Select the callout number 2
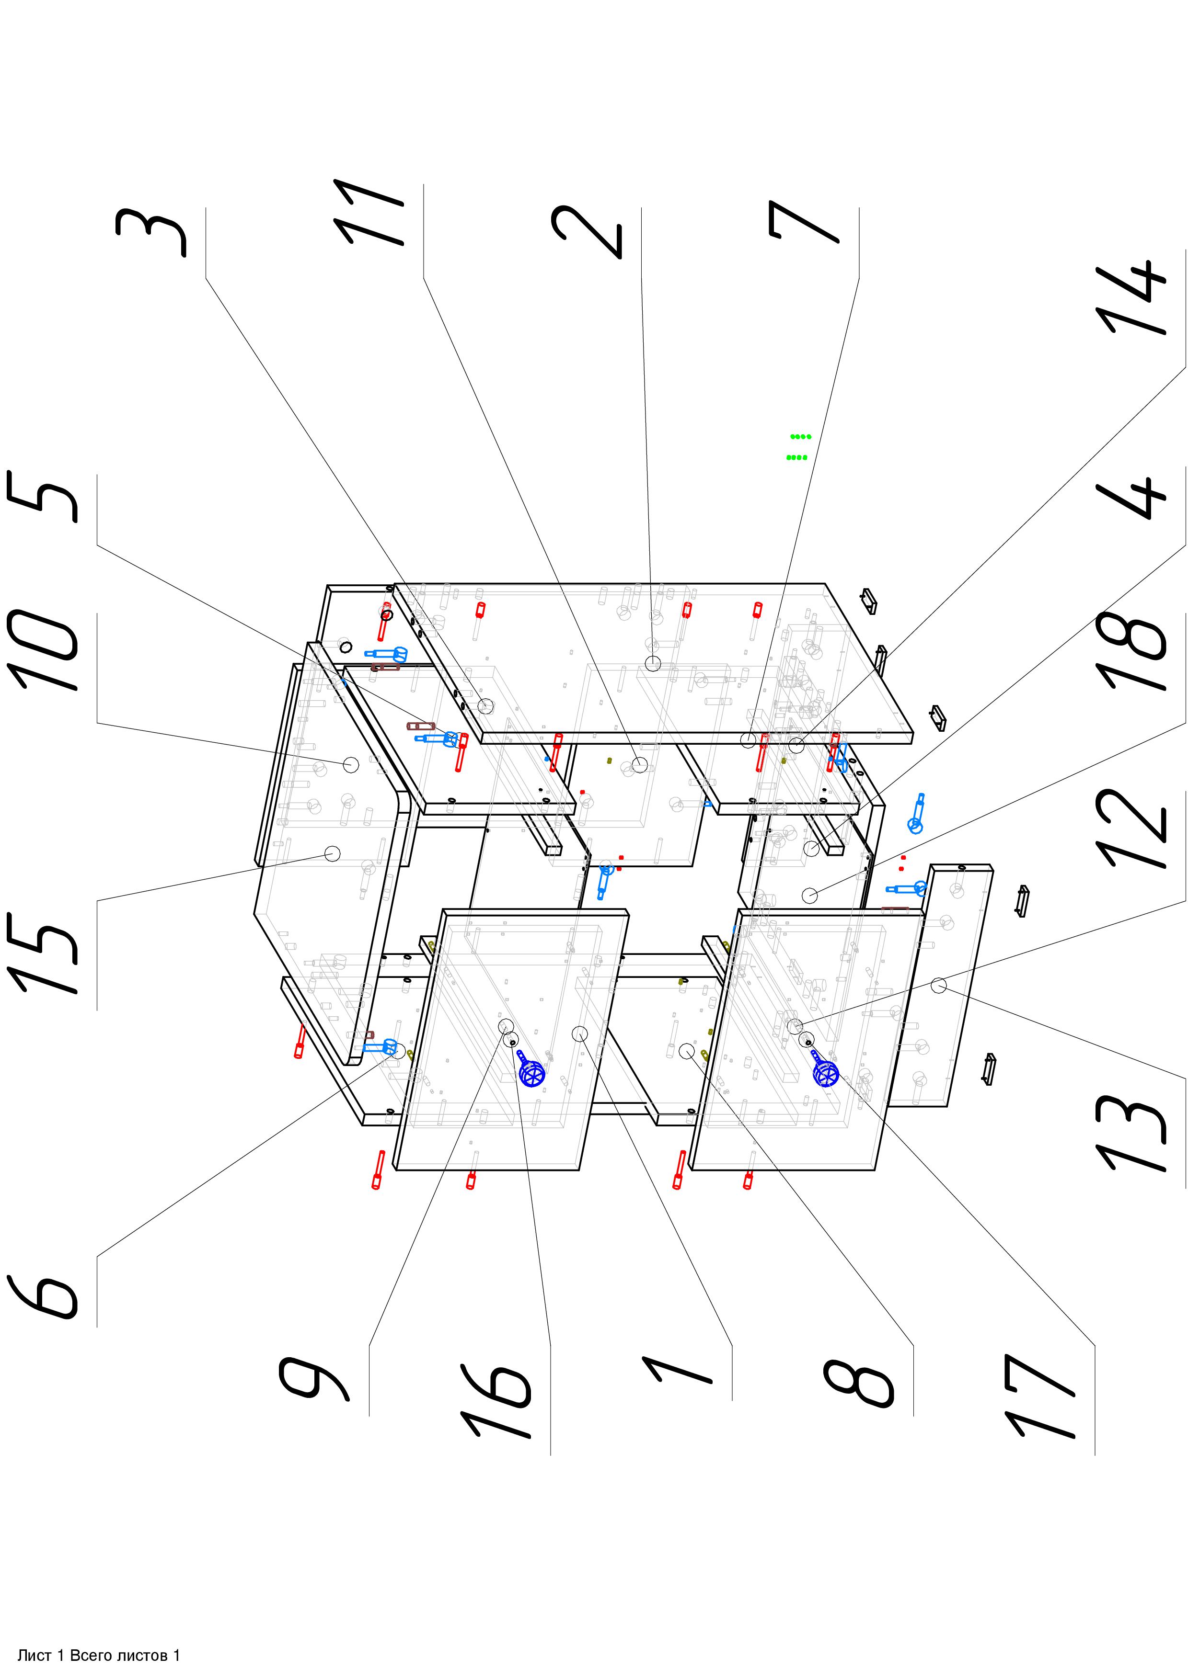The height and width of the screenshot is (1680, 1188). pyautogui.click(x=587, y=232)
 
